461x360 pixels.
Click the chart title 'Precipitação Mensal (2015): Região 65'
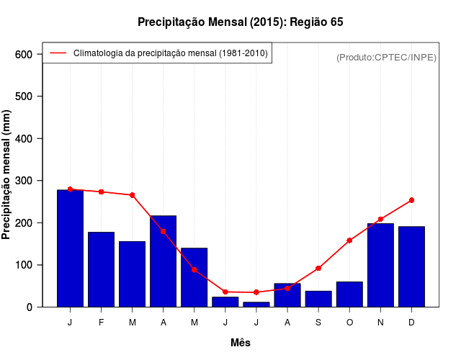241,22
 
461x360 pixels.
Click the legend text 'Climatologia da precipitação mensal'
170,53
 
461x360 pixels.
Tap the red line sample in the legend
58,53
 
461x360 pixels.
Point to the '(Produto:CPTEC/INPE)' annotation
387,57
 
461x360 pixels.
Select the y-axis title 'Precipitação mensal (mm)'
7,175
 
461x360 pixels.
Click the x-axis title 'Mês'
241,343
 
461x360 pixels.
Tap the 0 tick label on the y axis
30,307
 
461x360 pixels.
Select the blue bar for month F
101,269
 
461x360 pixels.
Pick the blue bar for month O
349,294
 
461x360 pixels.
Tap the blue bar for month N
380,265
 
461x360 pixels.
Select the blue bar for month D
411,266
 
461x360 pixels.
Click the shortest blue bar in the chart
256,305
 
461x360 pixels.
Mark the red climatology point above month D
411,200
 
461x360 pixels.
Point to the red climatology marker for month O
349,240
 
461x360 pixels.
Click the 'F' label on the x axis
101,323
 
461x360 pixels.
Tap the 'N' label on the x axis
380,323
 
